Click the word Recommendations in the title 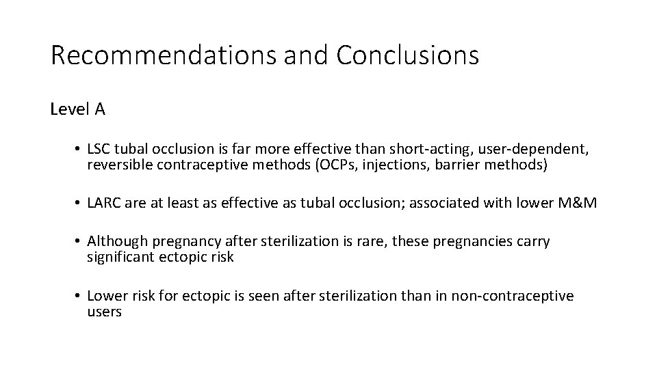(x=164, y=55)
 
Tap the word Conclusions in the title (x=407, y=55)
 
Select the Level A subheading (x=77, y=109)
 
